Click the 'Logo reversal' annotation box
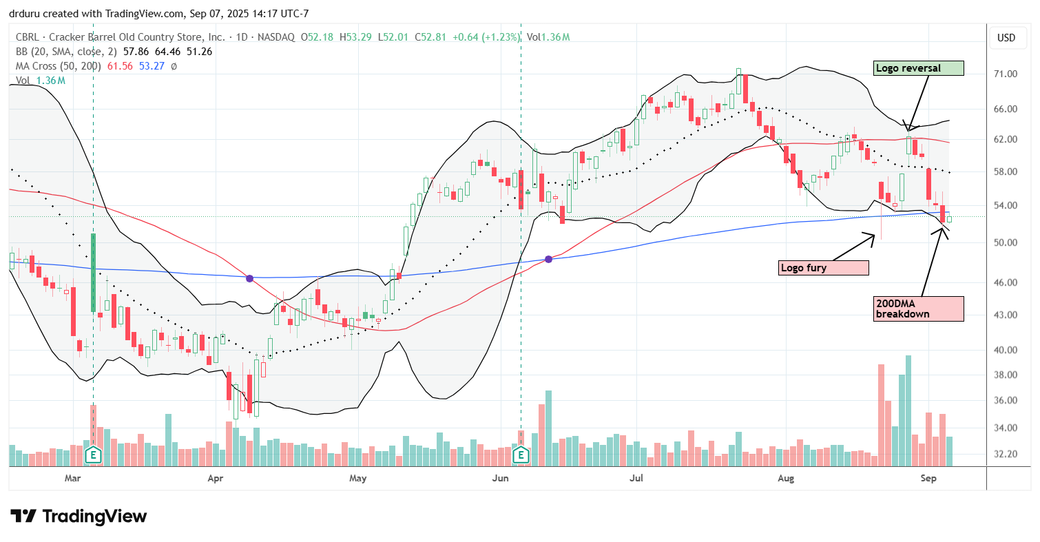[918, 68]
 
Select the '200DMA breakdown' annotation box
[917, 309]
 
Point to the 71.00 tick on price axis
[1006, 74]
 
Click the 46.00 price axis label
[1006, 282]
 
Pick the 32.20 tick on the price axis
[1006, 454]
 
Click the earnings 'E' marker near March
[93, 455]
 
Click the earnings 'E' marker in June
[521, 455]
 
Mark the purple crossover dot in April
[250, 278]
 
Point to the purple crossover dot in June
[548, 259]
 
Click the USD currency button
[1006, 37]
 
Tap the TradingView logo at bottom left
[79, 516]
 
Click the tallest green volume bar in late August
[909, 410]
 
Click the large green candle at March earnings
[93, 273]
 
